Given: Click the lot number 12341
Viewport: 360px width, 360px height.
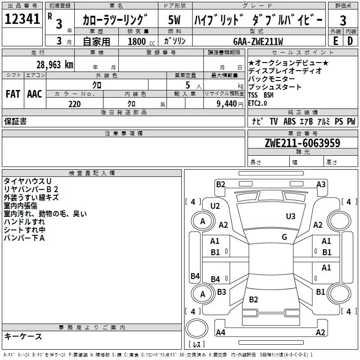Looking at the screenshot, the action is pyautogui.click(x=22, y=19).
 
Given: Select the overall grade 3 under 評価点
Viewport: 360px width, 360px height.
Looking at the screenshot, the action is pyautogui.click(x=343, y=21).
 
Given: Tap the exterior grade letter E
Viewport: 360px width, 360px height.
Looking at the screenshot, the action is pyautogui.click(x=336, y=41).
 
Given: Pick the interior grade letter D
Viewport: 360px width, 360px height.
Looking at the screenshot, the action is pyautogui.click(x=350, y=41).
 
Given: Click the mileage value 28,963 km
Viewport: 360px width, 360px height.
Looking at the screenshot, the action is pyautogui.click(x=55, y=65).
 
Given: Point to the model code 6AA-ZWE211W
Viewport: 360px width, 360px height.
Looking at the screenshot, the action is pyautogui.click(x=258, y=41).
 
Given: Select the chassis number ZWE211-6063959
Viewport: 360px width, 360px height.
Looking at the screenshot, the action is pyautogui.click(x=302, y=143).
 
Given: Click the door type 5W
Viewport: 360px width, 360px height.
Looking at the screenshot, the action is pyautogui.click(x=174, y=20).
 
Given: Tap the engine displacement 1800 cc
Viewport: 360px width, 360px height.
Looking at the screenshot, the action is pyautogui.click(x=141, y=41).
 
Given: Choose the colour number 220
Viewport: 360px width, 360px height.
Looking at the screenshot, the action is pyautogui.click(x=75, y=104).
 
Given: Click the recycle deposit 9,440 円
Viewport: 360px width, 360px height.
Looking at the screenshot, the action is pyautogui.click(x=230, y=104).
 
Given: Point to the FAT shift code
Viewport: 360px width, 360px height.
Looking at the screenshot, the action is pyautogui.click(x=13, y=94).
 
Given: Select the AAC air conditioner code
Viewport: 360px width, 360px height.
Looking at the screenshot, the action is pyautogui.click(x=35, y=94).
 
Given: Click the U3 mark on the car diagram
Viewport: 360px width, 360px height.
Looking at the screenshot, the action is pyautogui.click(x=291, y=216).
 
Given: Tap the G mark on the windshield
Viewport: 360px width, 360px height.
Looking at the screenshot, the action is pyautogui.click(x=284, y=237).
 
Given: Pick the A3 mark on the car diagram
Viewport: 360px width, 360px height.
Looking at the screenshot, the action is pyautogui.click(x=321, y=184).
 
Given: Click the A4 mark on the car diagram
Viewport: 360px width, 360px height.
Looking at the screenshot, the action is pyautogui.click(x=220, y=332).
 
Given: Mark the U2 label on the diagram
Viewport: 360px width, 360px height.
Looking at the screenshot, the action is pyautogui.click(x=215, y=206).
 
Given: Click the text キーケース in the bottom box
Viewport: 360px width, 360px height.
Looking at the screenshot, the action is pyautogui.click(x=23, y=337).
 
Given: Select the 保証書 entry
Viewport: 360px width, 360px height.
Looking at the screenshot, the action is pyautogui.click(x=15, y=121).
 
